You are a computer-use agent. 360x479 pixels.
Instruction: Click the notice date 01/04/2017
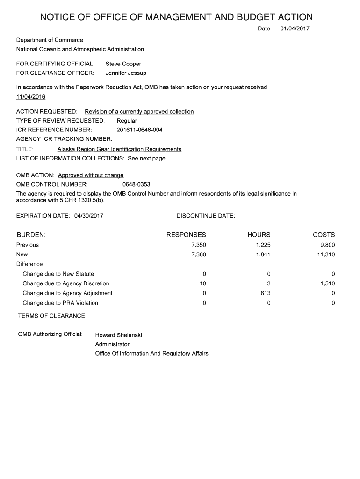coord(295,29)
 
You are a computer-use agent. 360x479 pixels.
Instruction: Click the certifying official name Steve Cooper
coord(123,64)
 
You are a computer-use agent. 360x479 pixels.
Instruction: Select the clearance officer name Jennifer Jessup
coord(126,73)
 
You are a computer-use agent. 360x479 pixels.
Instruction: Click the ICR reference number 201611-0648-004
coord(139,130)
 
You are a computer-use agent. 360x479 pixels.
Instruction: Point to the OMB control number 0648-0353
coord(136,184)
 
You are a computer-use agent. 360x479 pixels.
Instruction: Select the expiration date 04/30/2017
coord(89,216)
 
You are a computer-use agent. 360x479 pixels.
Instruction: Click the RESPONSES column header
coord(186,235)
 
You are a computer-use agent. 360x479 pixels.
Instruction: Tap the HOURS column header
coord(259,235)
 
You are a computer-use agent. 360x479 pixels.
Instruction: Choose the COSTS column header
coord(324,235)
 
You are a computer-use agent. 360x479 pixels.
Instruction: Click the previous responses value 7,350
coord(199,245)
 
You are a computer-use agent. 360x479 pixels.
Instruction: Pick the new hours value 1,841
coord(263,254)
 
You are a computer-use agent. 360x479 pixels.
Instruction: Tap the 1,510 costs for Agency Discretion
coord(328,283)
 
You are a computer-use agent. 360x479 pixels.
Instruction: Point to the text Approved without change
coord(91,175)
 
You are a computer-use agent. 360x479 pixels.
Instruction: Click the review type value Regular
coord(127,121)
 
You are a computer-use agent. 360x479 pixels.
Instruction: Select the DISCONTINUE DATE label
coord(206,216)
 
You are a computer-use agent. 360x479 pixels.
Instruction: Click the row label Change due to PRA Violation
coord(60,303)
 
